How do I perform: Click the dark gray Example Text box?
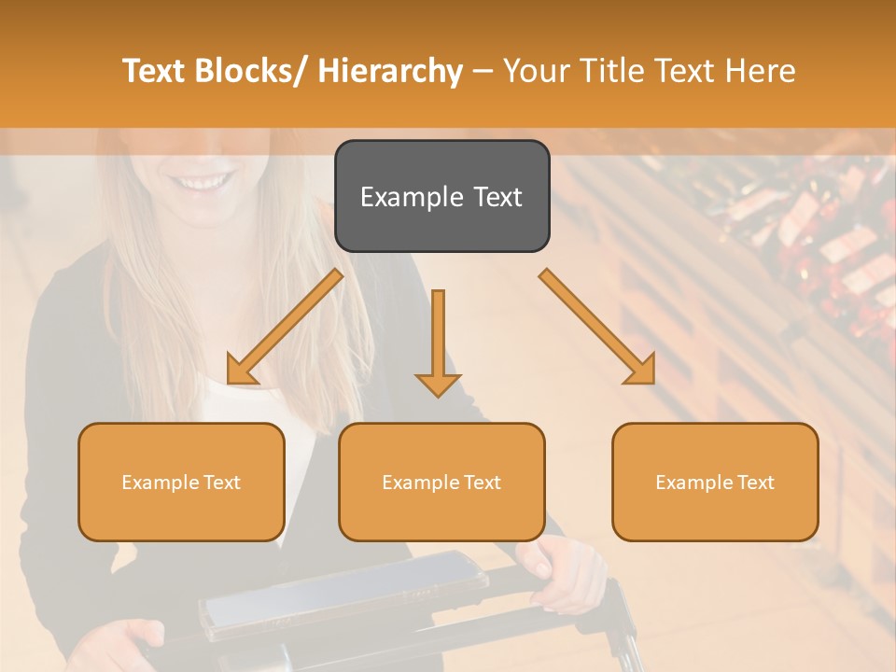coord(441,196)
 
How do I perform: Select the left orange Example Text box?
coord(181,482)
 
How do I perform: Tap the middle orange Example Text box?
coord(441,482)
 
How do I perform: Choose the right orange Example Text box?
coord(715,482)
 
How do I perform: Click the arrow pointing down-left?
coord(285,328)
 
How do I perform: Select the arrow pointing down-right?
coord(597,327)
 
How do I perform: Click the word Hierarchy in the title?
coord(390,71)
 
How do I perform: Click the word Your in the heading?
coord(536,71)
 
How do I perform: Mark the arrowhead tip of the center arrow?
coord(438,395)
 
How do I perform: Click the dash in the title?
coord(483,71)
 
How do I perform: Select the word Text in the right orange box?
coord(754,482)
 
